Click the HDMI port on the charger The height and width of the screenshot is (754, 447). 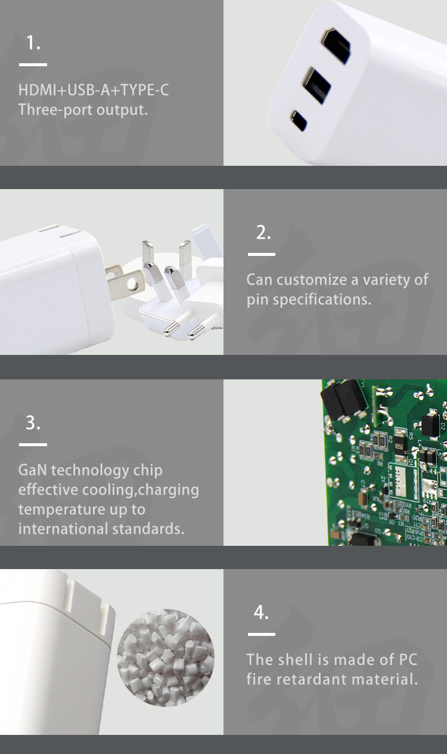(x=336, y=47)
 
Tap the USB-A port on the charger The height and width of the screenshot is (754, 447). (x=316, y=85)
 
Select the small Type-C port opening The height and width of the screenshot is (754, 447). (x=299, y=121)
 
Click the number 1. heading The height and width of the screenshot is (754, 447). (x=33, y=43)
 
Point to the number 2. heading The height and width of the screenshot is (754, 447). (x=263, y=233)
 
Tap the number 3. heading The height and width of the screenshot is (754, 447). (x=33, y=423)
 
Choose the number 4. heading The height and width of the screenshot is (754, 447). (x=261, y=612)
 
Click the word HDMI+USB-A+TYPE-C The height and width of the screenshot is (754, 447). (x=94, y=90)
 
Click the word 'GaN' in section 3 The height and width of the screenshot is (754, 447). (x=33, y=470)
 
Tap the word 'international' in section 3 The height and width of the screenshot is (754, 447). (x=63, y=529)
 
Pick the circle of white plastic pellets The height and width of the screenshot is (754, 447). (x=166, y=659)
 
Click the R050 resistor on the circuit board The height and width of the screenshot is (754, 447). (x=399, y=447)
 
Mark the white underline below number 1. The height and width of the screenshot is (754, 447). (x=33, y=64)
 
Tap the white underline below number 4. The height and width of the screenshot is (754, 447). (x=261, y=634)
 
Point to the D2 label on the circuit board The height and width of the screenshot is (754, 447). (x=443, y=427)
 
